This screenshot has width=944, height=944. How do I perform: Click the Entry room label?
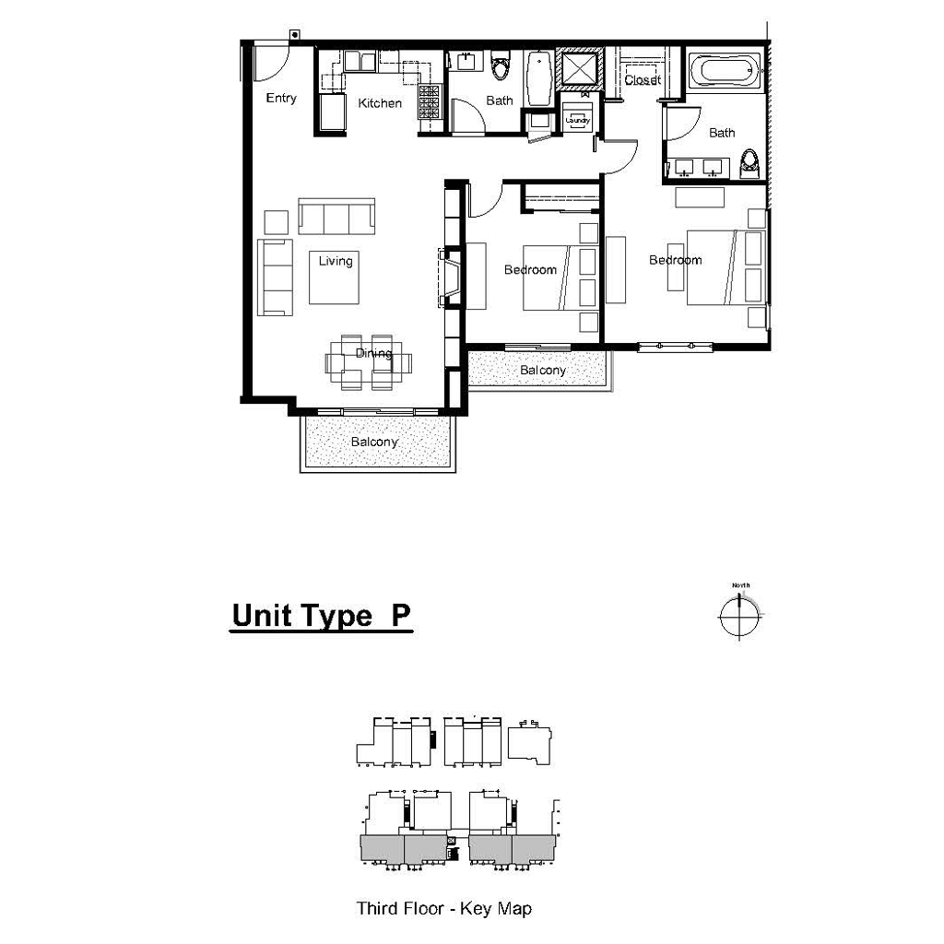click(x=281, y=98)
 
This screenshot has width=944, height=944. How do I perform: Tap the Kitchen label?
click(x=380, y=103)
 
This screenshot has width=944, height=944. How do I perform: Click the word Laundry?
click(x=578, y=120)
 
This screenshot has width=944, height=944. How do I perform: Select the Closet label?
click(x=642, y=80)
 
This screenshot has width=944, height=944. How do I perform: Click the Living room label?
click(x=336, y=261)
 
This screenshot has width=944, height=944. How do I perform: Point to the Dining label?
click(x=373, y=353)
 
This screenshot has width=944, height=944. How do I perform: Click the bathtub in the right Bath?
click(x=726, y=70)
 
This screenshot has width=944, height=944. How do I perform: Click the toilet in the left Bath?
click(x=501, y=68)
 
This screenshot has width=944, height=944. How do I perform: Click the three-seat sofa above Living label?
click(x=336, y=218)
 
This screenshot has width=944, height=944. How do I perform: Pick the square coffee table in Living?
click(x=334, y=278)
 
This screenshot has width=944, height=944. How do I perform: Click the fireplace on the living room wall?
click(x=448, y=277)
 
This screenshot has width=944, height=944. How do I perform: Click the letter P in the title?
click(x=400, y=615)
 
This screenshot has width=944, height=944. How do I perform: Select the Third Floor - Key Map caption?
click(x=443, y=909)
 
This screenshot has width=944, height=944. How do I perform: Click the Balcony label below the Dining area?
click(x=374, y=442)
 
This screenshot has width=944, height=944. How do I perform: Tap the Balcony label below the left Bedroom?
click(x=542, y=371)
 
